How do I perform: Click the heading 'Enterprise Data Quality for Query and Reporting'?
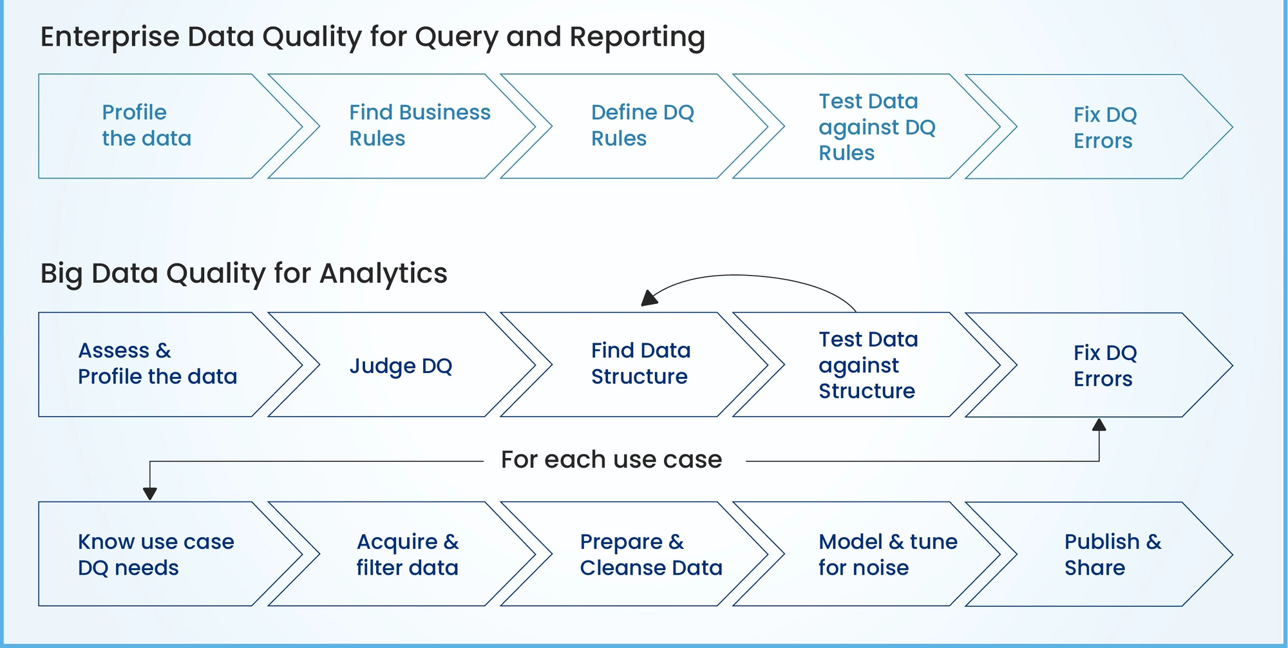pyautogui.click(x=373, y=37)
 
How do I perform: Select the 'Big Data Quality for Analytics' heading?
pyautogui.click(x=244, y=274)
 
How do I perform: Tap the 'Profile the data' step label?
pyautogui.click(x=147, y=126)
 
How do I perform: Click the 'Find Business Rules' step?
pyautogui.click(x=420, y=126)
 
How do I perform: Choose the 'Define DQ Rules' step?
pyautogui.click(x=643, y=126)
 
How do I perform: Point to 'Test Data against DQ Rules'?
pyautogui.click(x=877, y=127)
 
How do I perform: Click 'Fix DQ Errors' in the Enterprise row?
pyautogui.click(x=1105, y=128)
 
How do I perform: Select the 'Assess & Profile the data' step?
pyautogui.click(x=158, y=364)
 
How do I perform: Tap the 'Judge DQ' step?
pyautogui.click(x=401, y=366)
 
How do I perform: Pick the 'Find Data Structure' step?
pyautogui.click(x=641, y=364)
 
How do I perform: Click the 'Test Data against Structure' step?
pyautogui.click(x=868, y=365)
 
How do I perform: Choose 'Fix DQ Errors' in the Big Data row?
pyautogui.click(x=1105, y=366)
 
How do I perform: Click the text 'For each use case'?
pyautogui.click(x=612, y=460)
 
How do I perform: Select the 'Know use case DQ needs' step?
pyautogui.click(x=156, y=555)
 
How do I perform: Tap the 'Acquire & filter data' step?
pyautogui.click(x=408, y=555)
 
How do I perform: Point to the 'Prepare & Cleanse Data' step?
pyautogui.click(x=651, y=555)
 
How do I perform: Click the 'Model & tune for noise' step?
pyautogui.click(x=888, y=555)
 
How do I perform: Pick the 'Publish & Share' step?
pyautogui.click(x=1113, y=555)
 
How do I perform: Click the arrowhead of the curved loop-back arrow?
pyautogui.click(x=649, y=298)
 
